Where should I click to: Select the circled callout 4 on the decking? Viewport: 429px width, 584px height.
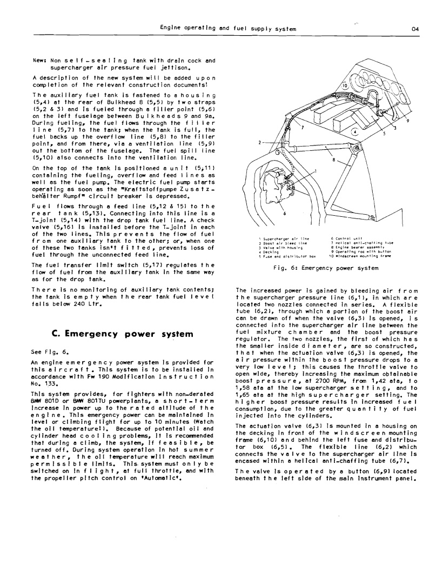[354, 131]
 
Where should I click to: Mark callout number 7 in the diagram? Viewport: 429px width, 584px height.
[303, 128]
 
